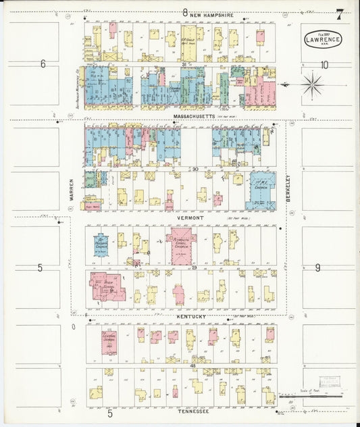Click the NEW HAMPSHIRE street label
point(211,14)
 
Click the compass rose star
point(312,85)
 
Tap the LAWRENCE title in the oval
point(323,40)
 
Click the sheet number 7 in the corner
point(339,13)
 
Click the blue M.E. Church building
point(259,192)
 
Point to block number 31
point(184,64)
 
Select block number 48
point(192,366)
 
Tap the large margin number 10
point(324,65)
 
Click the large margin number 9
point(317,268)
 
